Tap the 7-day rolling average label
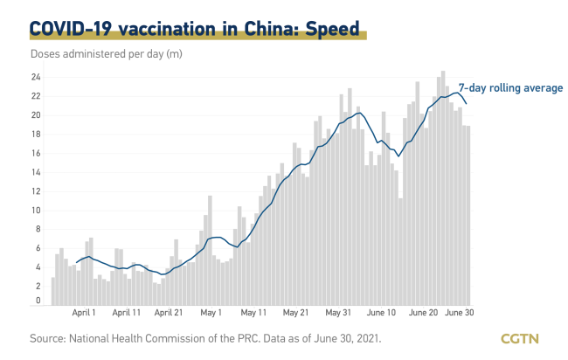511,87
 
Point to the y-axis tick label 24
36,77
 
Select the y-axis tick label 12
36,191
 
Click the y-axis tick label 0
38,301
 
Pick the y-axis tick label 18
36,135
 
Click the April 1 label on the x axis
84,311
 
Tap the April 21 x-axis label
168,311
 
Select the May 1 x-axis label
211,311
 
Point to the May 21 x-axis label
294,311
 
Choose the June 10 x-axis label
380,311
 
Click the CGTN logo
520,338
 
